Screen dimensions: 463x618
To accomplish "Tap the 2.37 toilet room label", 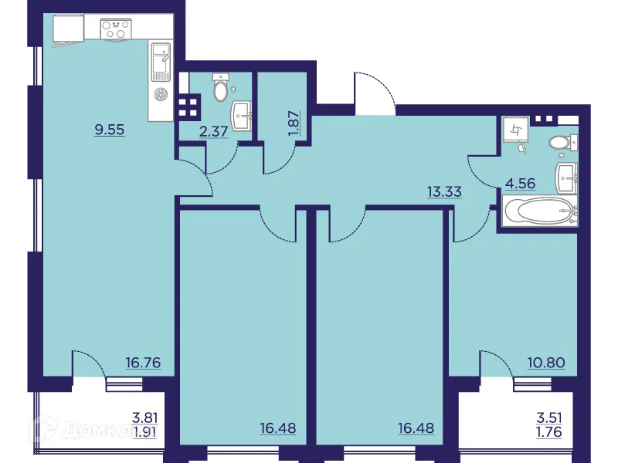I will [213, 131].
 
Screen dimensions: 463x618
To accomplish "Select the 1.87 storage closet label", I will [293, 123].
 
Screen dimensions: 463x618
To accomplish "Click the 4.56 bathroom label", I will [520, 184].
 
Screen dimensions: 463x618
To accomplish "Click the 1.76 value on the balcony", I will [548, 431].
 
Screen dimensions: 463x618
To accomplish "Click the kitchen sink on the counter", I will [161, 62].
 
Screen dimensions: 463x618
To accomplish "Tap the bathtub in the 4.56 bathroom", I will [538, 211].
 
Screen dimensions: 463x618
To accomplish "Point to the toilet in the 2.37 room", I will [222, 89].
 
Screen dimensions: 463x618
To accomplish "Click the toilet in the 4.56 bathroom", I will [559, 143].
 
